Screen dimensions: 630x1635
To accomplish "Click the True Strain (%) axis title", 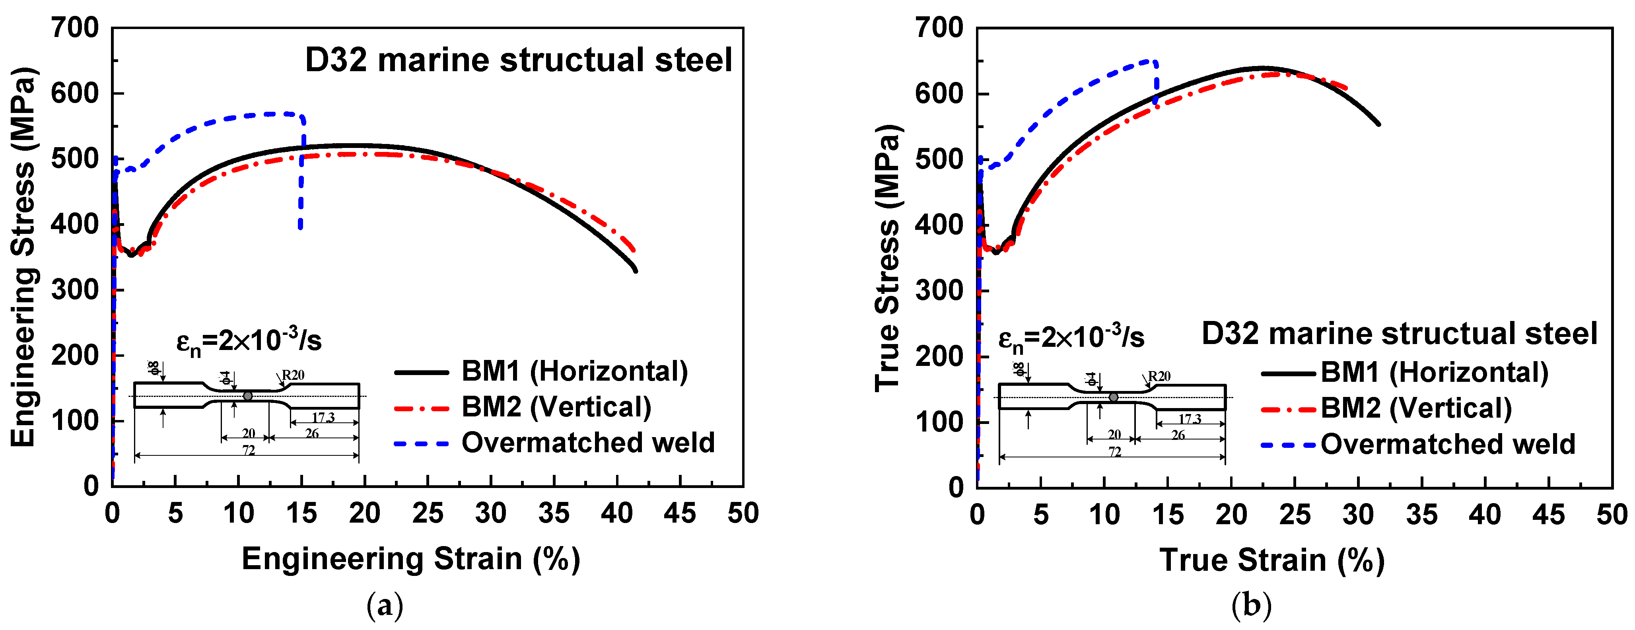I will coord(1271,560).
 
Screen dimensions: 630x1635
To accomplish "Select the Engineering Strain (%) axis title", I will coord(411,559).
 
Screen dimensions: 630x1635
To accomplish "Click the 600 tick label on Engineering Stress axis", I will coord(75,93).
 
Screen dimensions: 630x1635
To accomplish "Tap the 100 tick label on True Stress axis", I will coord(939,422).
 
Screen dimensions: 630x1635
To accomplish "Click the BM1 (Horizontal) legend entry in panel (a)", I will coord(574,371).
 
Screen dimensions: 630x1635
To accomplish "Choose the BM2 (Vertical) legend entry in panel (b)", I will coord(1416,408).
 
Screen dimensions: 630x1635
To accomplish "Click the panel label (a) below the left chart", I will coord(385,606).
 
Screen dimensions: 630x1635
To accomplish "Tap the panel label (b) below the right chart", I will coord(1251,606).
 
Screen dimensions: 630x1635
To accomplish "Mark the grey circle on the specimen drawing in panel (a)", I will coord(247,396).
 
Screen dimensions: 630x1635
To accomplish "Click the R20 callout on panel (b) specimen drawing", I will coord(1159,376).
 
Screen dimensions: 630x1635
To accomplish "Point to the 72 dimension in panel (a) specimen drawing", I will coord(248,451).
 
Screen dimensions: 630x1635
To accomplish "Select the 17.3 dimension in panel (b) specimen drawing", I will coord(1190,419).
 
